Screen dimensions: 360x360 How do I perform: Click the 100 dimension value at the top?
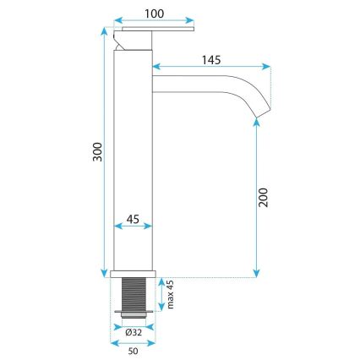(154, 14)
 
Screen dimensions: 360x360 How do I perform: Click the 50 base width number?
(133, 350)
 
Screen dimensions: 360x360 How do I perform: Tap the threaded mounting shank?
(134, 295)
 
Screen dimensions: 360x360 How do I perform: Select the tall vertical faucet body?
(134, 161)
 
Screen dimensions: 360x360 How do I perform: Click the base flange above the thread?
(134, 274)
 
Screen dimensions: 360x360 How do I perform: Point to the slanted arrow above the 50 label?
(133, 341)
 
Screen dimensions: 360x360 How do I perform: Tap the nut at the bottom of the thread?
(134, 316)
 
